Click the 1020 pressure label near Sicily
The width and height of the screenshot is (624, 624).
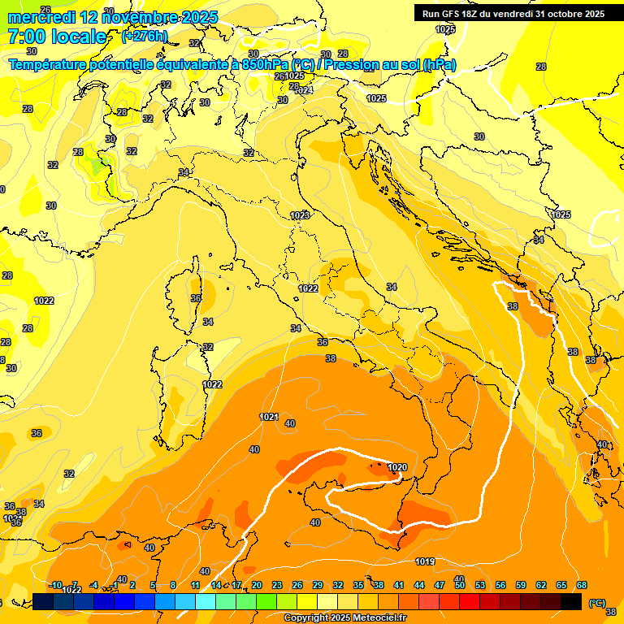tap(397, 467)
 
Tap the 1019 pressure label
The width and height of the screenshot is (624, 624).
tap(424, 561)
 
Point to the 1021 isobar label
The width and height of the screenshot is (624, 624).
tap(269, 417)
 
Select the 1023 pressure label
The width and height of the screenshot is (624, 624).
tap(300, 215)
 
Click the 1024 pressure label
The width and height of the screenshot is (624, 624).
tap(303, 90)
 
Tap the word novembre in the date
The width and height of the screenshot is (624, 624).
tap(141, 17)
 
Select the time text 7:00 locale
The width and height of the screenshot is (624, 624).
tap(57, 37)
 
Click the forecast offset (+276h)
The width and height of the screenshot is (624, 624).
tap(145, 37)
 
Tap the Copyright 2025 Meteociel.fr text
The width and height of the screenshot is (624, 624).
tap(344, 618)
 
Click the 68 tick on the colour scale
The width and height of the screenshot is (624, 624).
tap(582, 585)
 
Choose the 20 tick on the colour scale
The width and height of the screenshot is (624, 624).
tap(256, 585)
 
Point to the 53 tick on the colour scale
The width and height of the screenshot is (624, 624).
tap(480, 585)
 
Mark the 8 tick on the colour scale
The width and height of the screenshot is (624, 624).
tap(173, 585)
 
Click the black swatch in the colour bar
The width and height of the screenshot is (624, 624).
tap(571, 601)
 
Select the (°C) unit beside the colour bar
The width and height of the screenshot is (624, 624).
tap(596, 602)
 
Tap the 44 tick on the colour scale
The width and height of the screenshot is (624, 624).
tap(419, 585)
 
